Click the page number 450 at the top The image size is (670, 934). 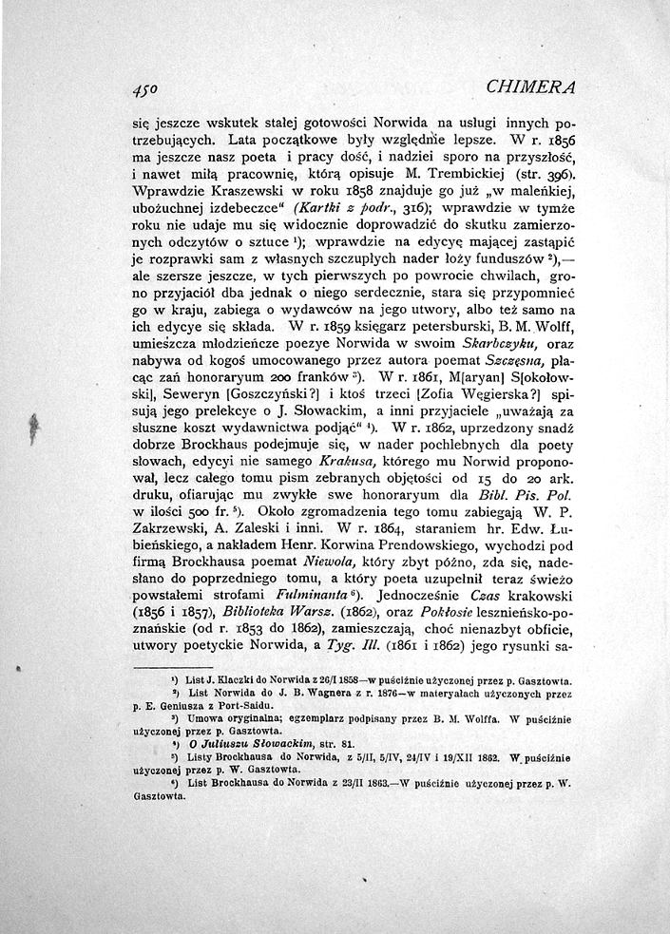coord(148,89)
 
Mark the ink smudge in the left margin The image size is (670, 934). coord(34,427)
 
